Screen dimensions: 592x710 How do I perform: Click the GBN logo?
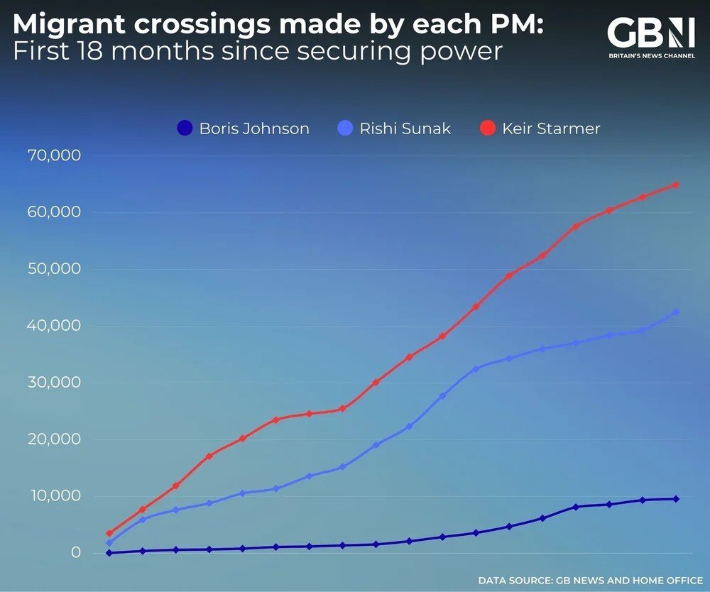click(650, 34)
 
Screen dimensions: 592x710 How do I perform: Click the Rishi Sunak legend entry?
click(394, 128)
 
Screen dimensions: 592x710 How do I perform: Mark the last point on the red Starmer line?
click(676, 185)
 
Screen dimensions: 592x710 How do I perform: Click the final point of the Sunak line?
click(676, 312)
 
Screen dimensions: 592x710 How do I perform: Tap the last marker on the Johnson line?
click(676, 499)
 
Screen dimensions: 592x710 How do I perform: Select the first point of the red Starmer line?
click(109, 533)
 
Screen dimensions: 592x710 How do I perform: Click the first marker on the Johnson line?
click(109, 553)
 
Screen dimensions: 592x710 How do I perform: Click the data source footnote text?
click(590, 581)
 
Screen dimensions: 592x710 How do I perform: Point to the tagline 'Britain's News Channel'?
click(650, 55)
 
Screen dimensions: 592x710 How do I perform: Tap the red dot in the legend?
click(487, 128)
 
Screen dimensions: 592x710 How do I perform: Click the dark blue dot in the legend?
click(184, 128)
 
